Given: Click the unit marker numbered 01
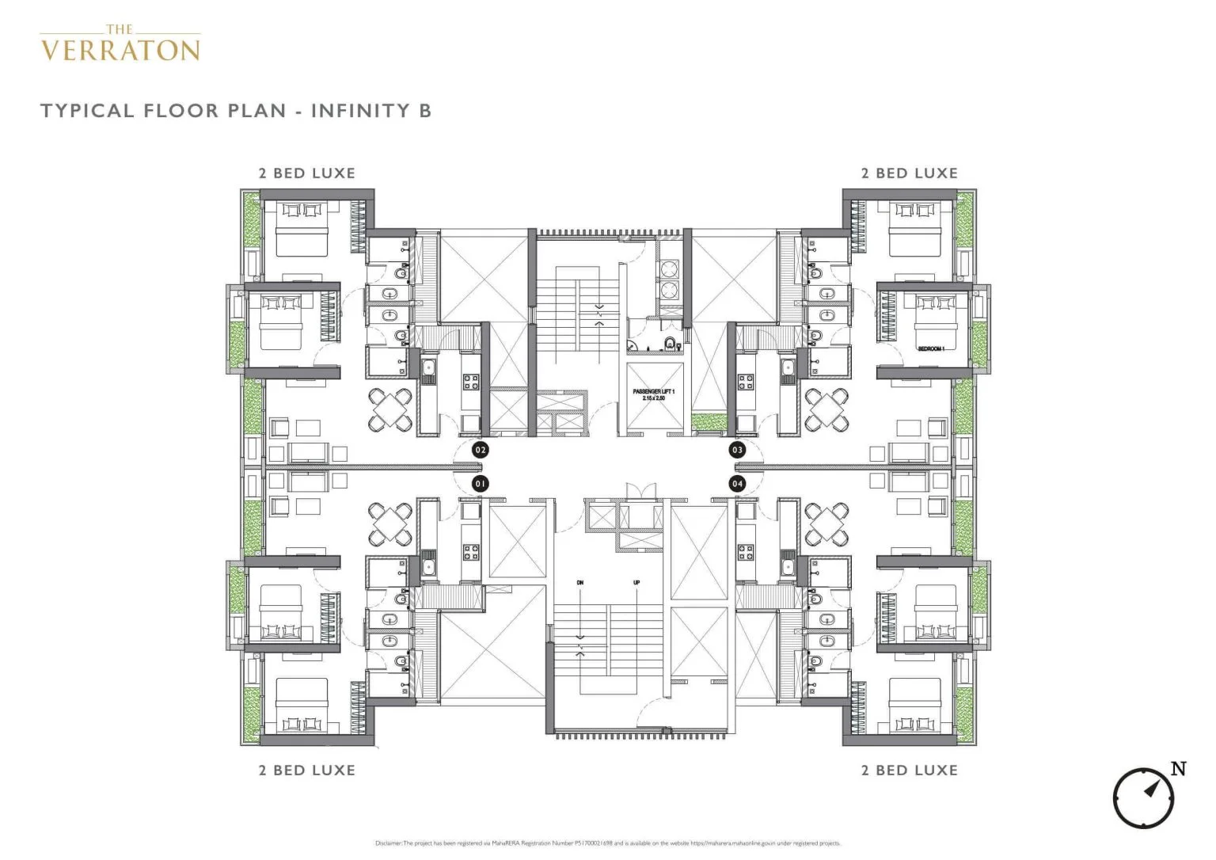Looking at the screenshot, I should click(x=480, y=483).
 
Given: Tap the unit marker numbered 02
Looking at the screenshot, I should click(x=480, y=450).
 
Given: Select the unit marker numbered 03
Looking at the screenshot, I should click(x=737, y=450).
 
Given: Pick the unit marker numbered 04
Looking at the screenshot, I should click(x=737, y=483).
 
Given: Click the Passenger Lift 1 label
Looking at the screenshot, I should click(x=653, y=394).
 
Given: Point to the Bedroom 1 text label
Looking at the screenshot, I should click(x=931, y=348).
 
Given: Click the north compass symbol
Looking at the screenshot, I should click(x=1143, y=797).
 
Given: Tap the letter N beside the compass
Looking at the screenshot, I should click(x=1178, y=768).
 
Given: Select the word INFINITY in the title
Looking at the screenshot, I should click(x=360, y=110).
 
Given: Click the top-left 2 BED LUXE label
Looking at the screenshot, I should click(x=307, y=173).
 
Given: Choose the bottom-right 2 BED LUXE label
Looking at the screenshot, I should click(x=910, y=770).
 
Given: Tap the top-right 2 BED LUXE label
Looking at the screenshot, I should click(x=910, y=173).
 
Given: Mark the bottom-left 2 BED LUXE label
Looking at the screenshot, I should click(x=307, y=770).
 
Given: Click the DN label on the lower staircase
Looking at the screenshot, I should click(x=580, y=583).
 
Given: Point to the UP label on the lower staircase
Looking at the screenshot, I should click(x=636, y=583).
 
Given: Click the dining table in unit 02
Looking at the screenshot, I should click(x=390, y=409).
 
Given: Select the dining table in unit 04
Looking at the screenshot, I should click(x=826, y=524).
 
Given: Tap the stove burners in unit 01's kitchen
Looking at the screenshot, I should click(x=470, y=548).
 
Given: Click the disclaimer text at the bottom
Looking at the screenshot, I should click(x=607, y=843).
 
